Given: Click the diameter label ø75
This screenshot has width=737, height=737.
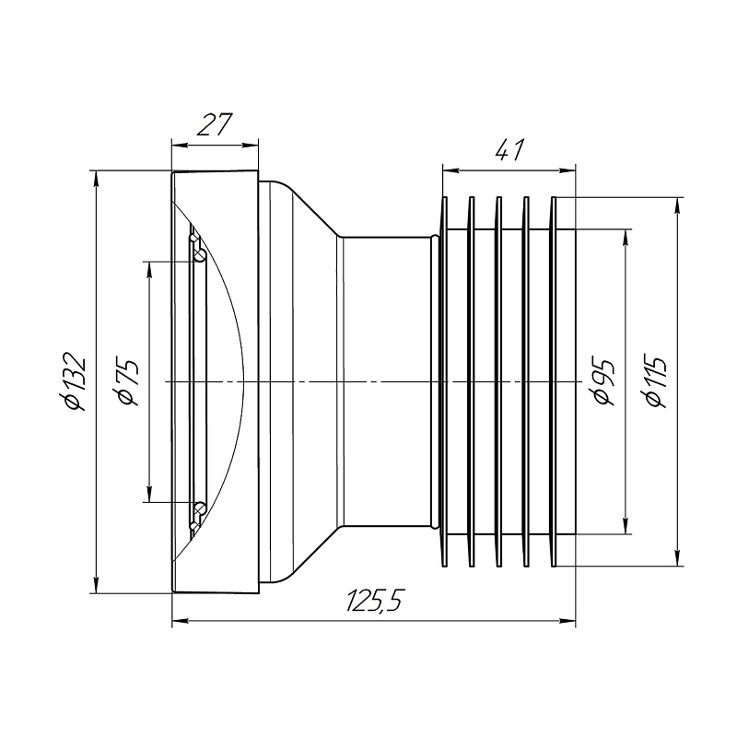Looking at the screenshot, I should pyautogui.click(x=126, y=381).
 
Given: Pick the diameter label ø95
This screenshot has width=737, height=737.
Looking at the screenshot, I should pyautogui.click(x=602, y=381).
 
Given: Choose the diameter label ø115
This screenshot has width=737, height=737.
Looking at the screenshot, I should pyautogui.click(x=656, y=381).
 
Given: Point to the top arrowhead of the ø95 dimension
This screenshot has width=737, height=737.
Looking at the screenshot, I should pyautogui.click(x=626, y=235).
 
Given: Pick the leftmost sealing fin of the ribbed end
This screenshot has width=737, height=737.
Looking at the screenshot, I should pyautogui.click(x=445, y=381).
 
